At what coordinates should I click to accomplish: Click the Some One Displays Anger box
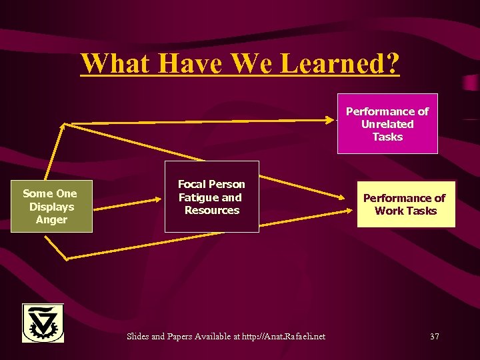50,207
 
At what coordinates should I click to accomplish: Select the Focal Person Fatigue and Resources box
211,197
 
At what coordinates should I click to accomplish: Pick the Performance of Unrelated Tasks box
387,124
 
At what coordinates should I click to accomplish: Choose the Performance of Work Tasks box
405,204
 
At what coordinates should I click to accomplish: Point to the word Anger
51,219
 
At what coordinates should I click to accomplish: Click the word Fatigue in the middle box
198,197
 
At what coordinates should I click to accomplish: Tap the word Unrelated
387,124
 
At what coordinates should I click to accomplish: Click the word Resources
212,210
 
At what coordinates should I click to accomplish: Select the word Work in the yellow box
389,211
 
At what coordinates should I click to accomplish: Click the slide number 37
434,336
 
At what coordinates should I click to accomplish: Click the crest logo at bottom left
43,323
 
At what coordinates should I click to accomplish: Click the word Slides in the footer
138,336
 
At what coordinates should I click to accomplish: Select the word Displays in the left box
51,207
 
